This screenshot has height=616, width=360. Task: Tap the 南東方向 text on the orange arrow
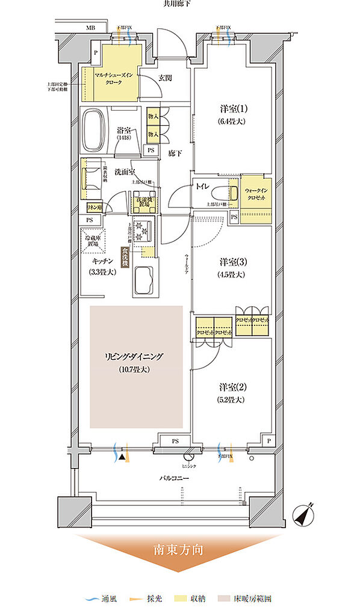pos(179,549)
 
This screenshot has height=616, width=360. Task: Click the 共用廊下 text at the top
pos(179,4)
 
